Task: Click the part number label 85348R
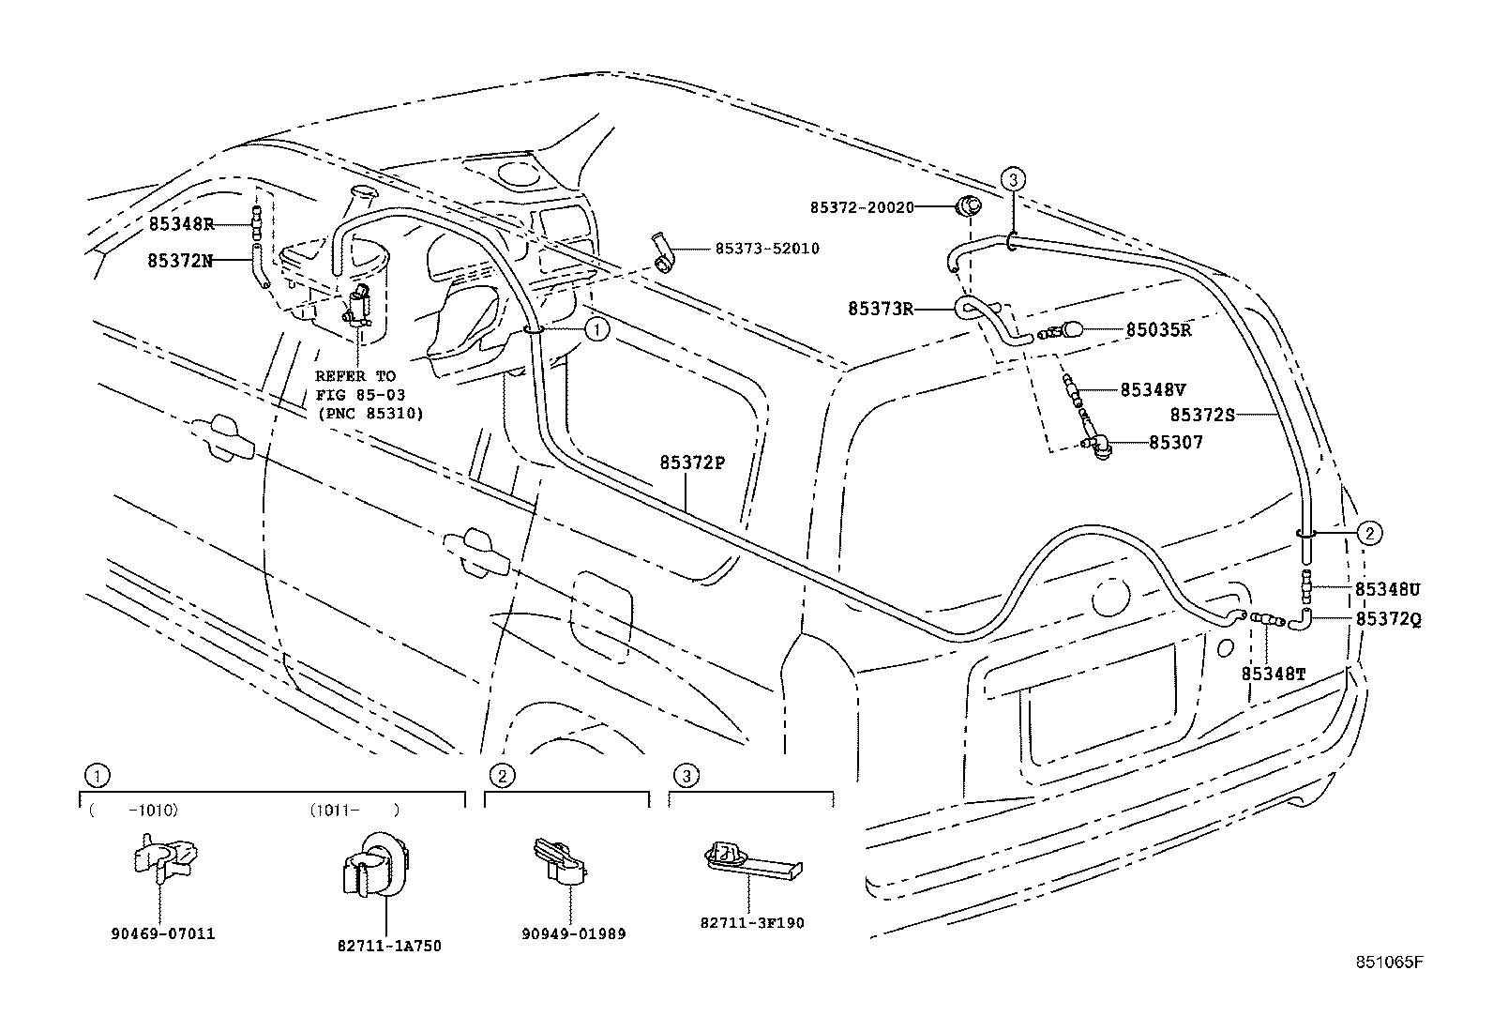coord(181,224)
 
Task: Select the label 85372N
coord(179,260)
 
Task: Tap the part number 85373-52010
coord(766,249)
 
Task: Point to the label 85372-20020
coord(862,206)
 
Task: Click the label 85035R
coord(1158,330)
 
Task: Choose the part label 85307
coord(1176,442)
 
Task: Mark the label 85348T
coord(1274,674)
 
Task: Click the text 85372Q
coord(1388,619)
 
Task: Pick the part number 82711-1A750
coord(388,947)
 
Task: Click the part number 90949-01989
coord(573,933)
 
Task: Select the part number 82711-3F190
coord(751,922)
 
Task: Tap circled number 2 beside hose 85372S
coord(1369,534)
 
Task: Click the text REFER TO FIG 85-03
coord(354,386)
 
